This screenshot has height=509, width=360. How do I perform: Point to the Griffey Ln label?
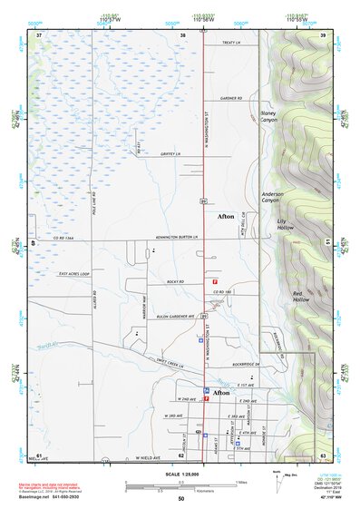pos(171,155)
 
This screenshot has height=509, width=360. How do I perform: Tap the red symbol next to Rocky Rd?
pos(213,282)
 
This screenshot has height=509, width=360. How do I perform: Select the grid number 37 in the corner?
pos(39,34)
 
